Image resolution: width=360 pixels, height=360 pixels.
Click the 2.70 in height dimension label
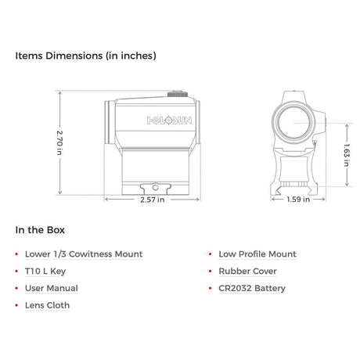[59, 142]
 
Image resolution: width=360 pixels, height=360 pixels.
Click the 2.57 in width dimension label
[153, 200]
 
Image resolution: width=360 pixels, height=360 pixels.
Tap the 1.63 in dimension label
[347, 155]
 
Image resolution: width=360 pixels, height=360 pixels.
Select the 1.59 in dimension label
[298, 200]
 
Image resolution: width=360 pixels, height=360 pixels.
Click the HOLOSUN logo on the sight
[169, 121]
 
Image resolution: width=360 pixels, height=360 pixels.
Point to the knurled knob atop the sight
[178, 94]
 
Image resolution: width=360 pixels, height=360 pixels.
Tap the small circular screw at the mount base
[155, 187]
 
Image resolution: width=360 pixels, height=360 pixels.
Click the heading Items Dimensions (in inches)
[86, 56]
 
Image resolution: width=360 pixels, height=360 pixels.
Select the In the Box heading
[40, 230]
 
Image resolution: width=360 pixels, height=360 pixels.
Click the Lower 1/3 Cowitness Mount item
[84, 254]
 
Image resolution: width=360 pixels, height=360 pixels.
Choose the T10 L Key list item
[45, 272]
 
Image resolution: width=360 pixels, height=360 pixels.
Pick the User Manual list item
[52, 288]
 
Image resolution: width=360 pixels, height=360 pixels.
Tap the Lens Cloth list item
[47, 305]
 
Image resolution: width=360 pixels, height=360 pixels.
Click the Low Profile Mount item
[257, 254]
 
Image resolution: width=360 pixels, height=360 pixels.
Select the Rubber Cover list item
[247, 272]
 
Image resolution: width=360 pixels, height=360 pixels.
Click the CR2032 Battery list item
[252, 288]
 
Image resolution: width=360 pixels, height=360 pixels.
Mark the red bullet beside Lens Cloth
[16, 305]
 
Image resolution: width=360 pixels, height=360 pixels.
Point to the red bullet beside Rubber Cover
[211, 272]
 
